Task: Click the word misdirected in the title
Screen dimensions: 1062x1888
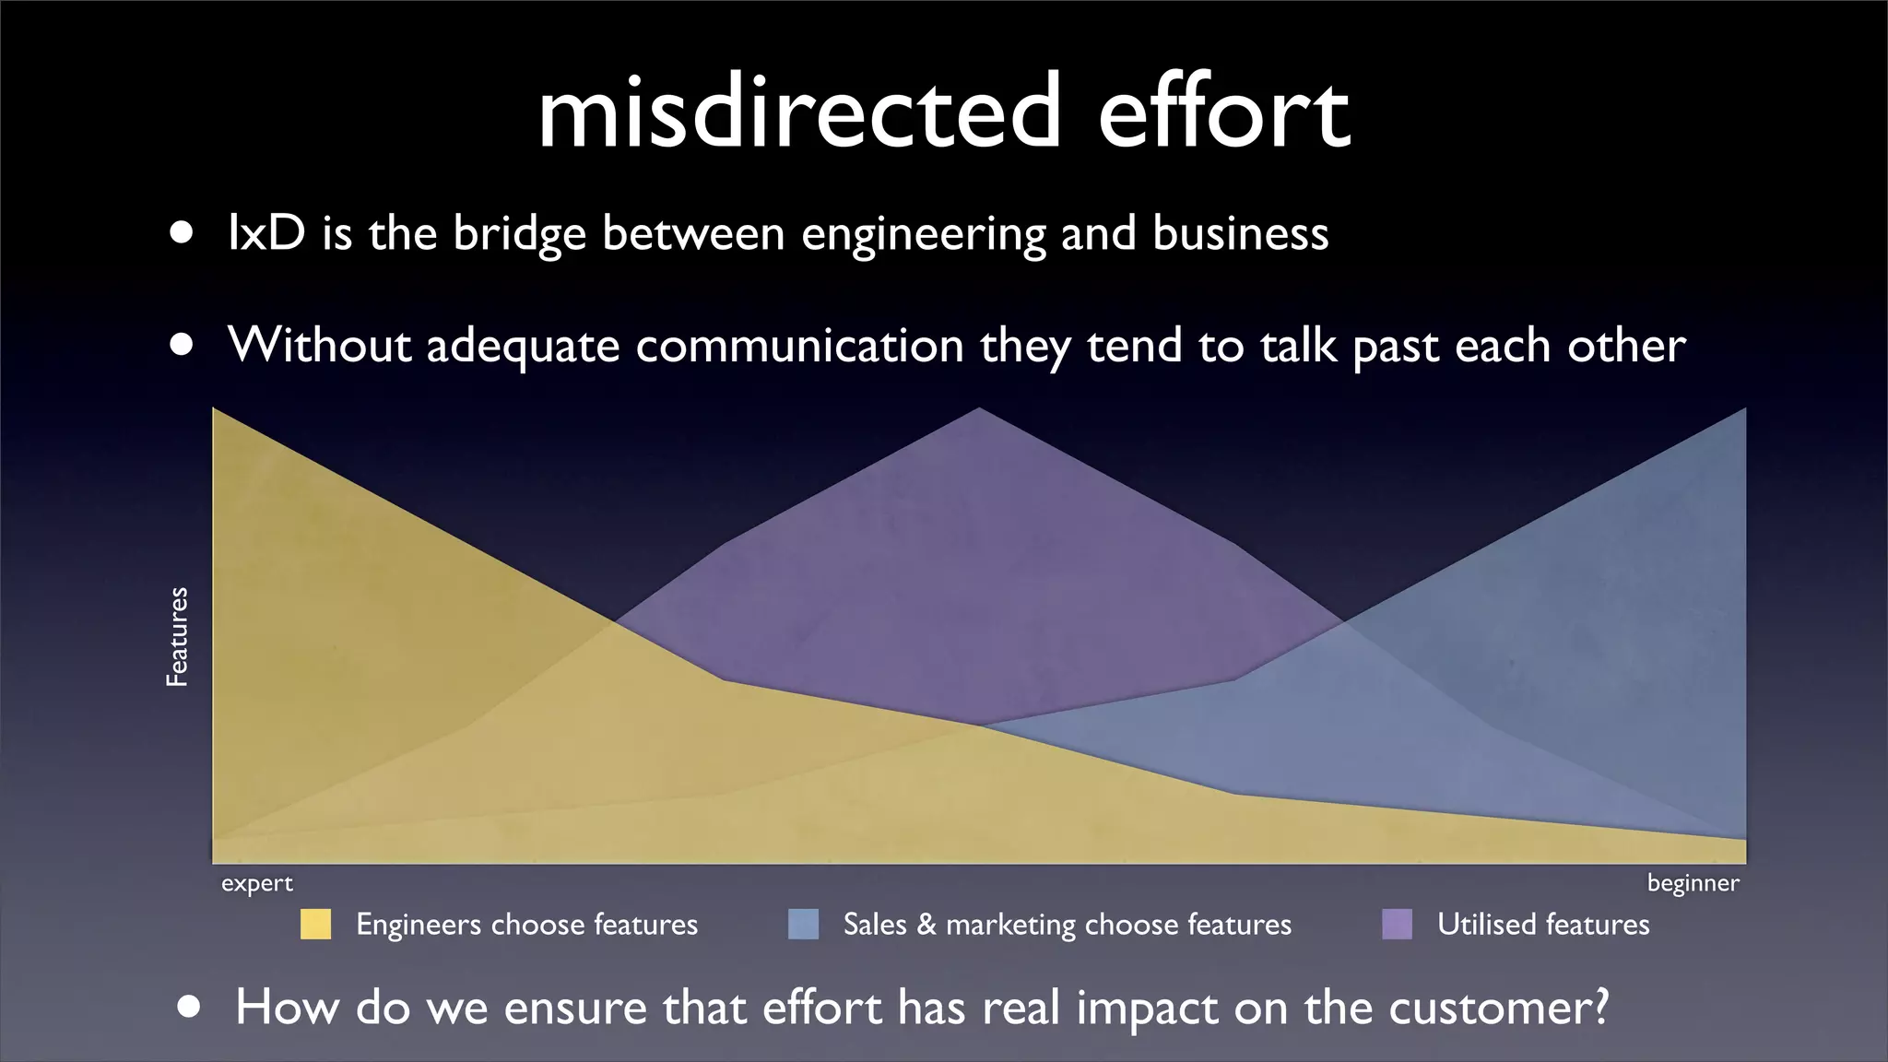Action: (798, 112)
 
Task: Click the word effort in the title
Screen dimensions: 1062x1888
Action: (1224, 112)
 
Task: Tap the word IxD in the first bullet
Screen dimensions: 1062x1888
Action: (266, 232)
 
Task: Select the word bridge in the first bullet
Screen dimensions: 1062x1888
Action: (519, 234)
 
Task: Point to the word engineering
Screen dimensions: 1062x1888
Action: (923, 234)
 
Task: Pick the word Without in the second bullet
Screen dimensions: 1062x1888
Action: (319, 345)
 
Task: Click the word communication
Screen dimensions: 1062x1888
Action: (799, 345)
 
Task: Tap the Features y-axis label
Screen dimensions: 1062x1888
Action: (177, 636)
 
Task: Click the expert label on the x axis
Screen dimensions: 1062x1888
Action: (256, 883)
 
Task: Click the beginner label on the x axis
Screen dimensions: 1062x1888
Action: (1693, 883)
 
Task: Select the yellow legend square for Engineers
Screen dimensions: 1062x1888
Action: (315, 924)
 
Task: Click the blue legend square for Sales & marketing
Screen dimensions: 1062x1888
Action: (803, 924)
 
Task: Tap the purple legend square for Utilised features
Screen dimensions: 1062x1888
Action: (1397, 924)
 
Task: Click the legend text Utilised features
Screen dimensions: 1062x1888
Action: (1542, 924)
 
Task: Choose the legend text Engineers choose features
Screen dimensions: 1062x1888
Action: (526, 924)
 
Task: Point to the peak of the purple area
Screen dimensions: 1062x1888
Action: (979, 410)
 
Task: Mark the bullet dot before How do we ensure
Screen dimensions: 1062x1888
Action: (189, 1007)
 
